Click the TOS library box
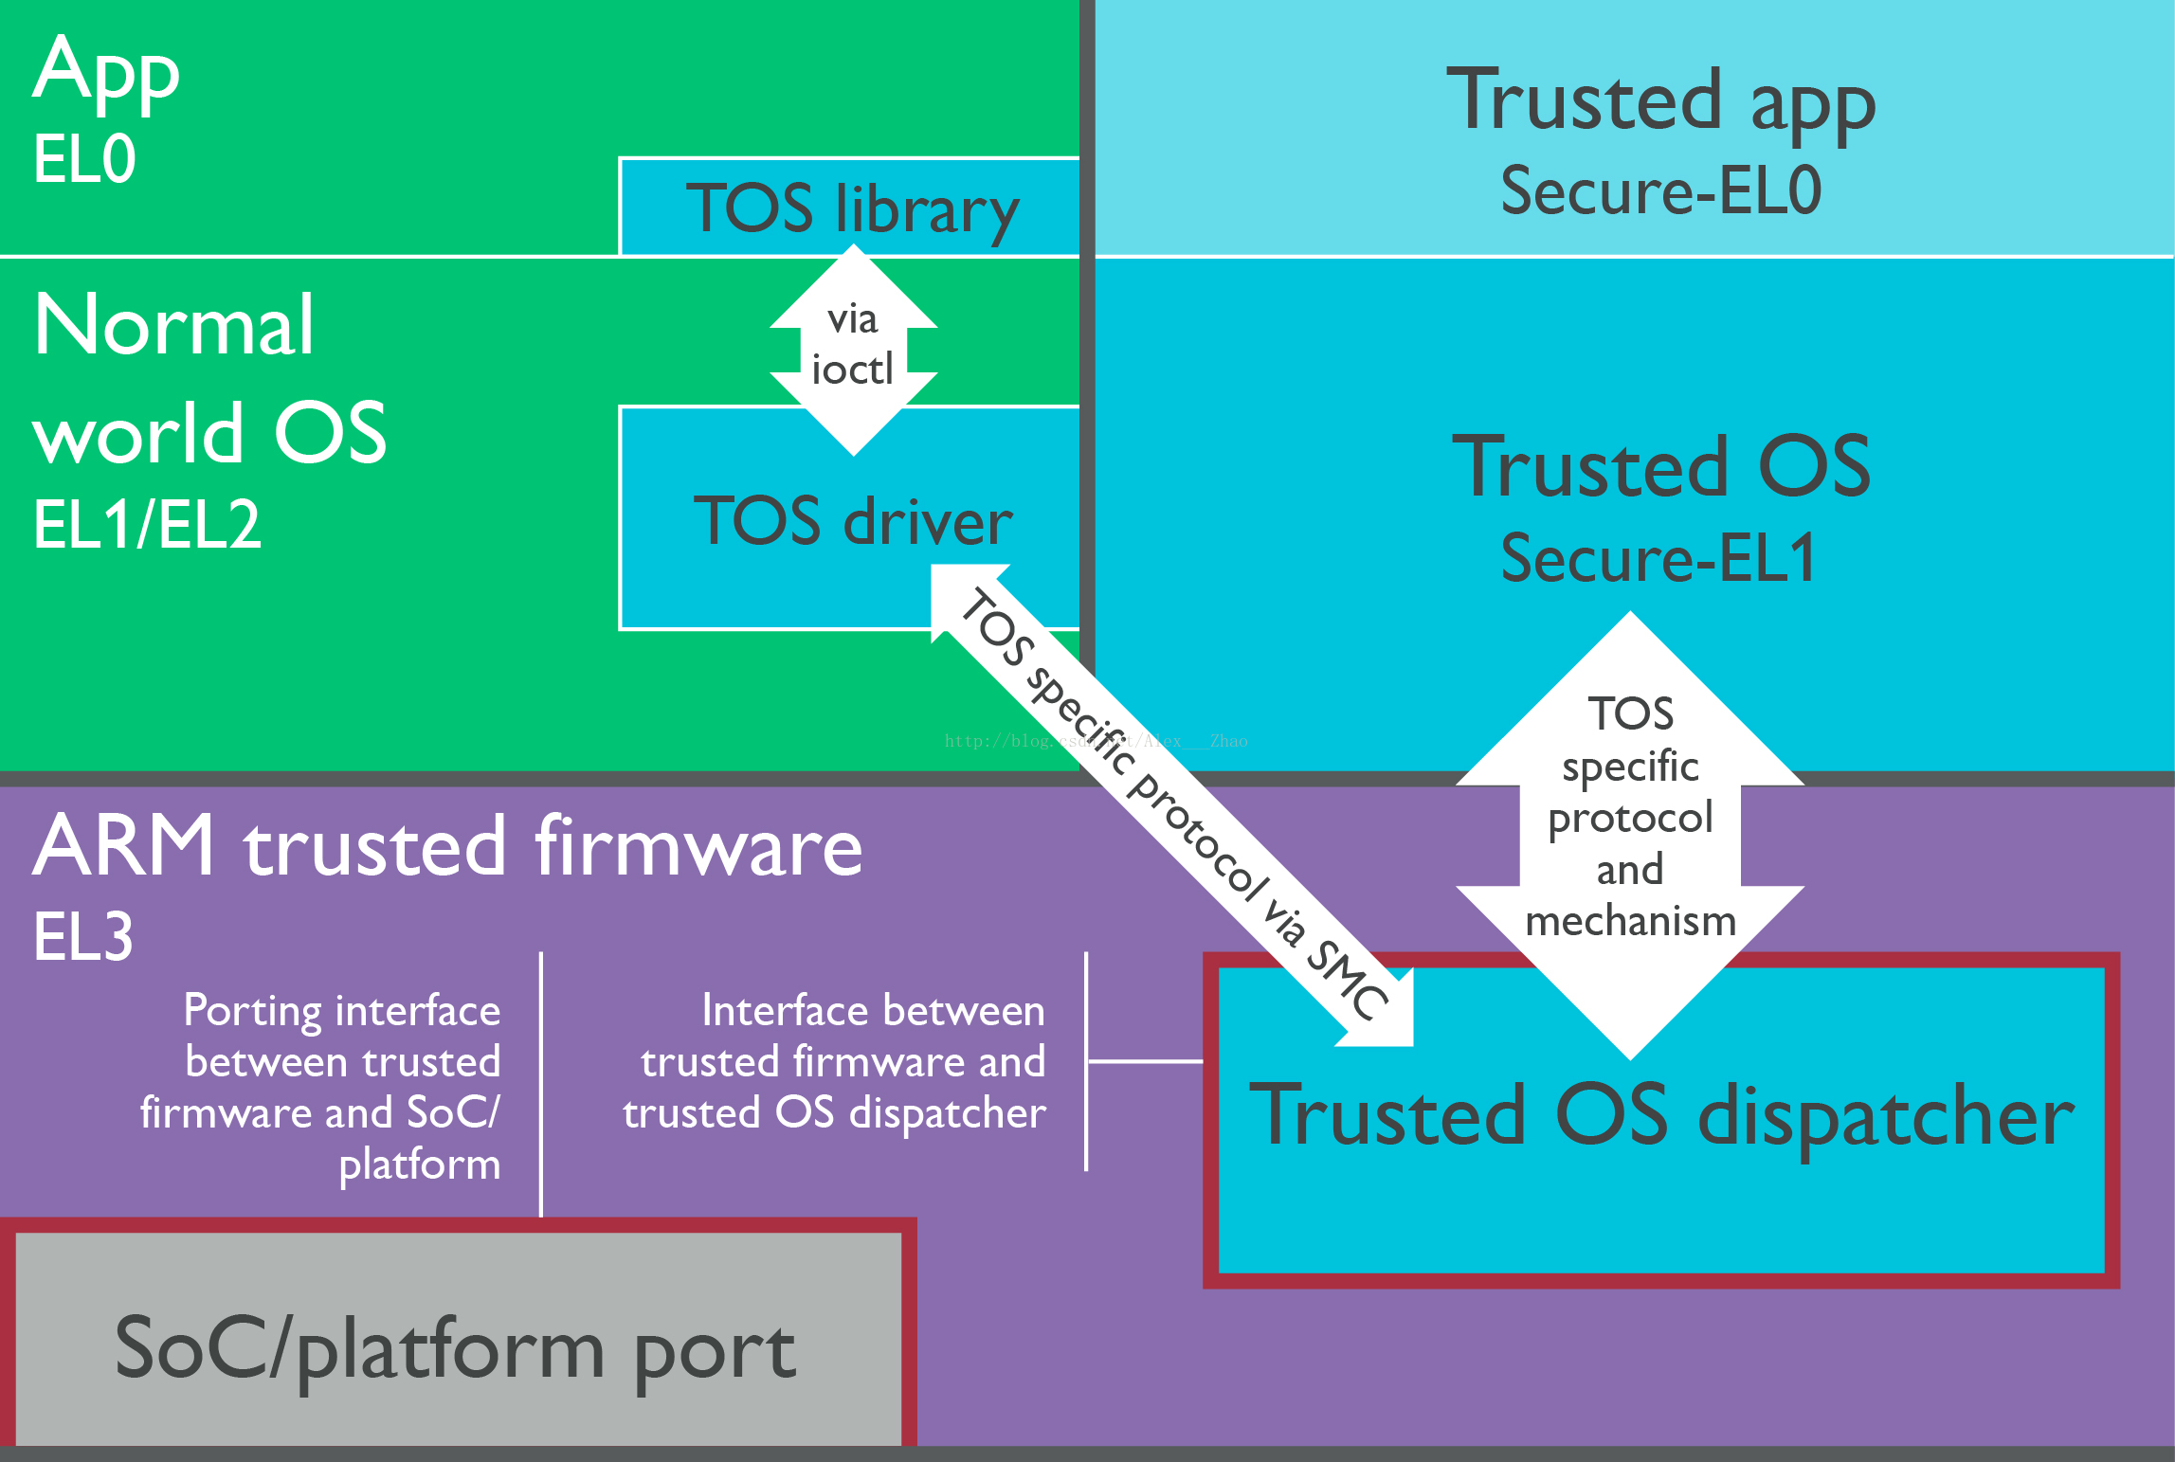coord(850,207)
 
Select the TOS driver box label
coord(853,521)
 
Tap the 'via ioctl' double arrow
coord(854,350)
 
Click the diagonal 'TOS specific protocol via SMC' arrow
coord(1171,805)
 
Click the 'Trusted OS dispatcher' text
coord(1661,1116)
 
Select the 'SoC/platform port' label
coord(455,1349)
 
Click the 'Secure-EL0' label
coord(1660,190)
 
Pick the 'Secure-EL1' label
coord(1658,557)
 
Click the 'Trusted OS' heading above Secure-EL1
coord(1661,466)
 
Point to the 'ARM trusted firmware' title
coord(448,845)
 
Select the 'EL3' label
coord(83,937)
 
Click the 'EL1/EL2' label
coord(147,524)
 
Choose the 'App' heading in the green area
coord(106,74)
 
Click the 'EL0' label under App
coord(84,158)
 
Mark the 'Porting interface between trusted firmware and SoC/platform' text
coord(320,1087)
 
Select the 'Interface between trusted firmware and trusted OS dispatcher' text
coord(834,1061)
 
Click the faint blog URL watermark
coord(1097,741)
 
